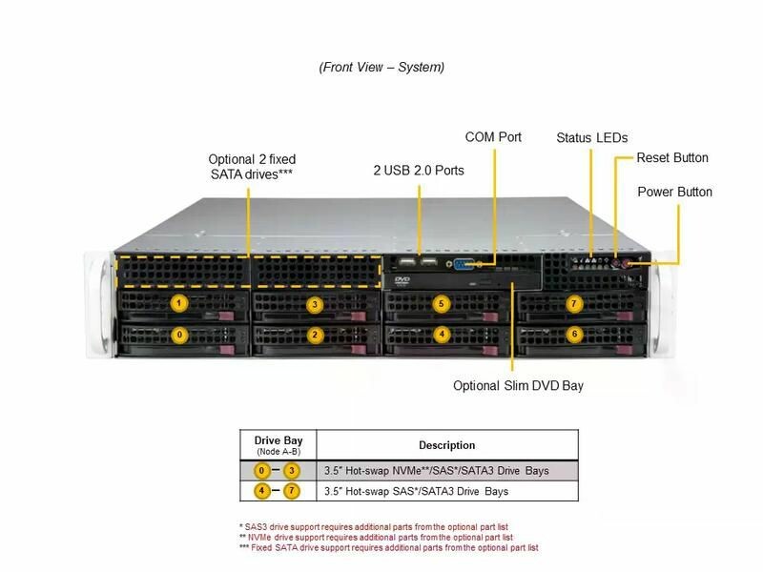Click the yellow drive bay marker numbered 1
click(x=178, y=303)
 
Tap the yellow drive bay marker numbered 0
click(x=178, y=335)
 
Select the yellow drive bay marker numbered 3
click(x=316, y=304)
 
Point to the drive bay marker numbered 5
click(x=441, y=304)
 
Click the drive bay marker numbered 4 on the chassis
click(x=441, y=335)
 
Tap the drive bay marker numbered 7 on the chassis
click(x=573, y=304)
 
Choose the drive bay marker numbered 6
click(x=573, y=335)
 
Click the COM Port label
click(x=493, y=137)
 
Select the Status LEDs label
click(x=591, y=138)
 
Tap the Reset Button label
click(x=672, y=158)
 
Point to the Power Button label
click(x=674, y=193)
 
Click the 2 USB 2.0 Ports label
click(x=419, y=171)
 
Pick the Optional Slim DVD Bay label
click(x=518, y=386)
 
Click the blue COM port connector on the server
click(x=467, y=264)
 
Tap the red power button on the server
click(x=629, y=264)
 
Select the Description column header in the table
click(x=446, y=445)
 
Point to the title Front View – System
click(x=381, y=68)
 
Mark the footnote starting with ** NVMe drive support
click(x=387, y=537)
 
